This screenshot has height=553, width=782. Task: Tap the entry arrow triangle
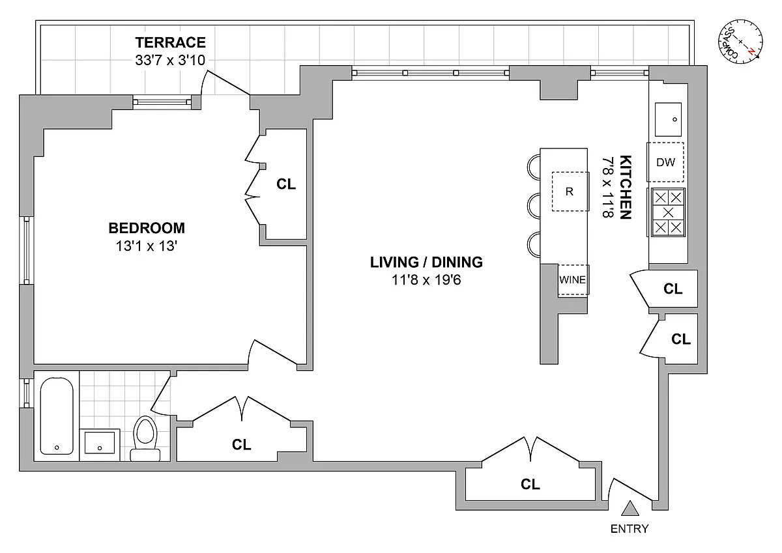click(630, 509)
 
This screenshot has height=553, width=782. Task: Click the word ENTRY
click(630, 529)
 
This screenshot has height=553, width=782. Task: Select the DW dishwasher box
click(665, 162)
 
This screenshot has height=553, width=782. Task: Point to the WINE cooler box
click(573, 280)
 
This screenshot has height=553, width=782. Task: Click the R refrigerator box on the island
click(570, 191)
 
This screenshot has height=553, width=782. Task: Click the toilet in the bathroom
click(144, 436)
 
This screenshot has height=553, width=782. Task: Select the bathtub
click(56, 416)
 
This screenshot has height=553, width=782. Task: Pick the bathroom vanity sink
click(100, 444)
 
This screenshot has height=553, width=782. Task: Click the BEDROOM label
click(147, 229)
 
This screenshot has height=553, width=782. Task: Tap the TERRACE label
click(171, 44)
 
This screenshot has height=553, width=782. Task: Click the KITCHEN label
click(625, 187)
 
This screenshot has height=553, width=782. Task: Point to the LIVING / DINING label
click(426, 262)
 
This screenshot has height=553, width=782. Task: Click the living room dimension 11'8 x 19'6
click(426, 281)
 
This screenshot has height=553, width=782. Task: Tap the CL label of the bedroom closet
click(285, 184)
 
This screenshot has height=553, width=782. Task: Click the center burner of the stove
click(667, 212)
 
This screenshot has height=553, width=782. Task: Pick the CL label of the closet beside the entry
click(530, 485)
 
